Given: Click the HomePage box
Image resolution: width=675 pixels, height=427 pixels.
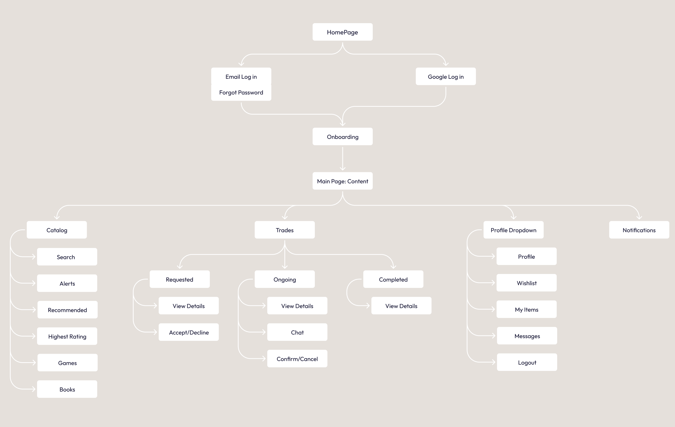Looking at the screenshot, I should (342, 32).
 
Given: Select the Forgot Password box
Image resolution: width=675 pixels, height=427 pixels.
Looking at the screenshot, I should (241, 93).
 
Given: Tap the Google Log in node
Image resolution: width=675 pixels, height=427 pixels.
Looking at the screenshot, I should (446, 77).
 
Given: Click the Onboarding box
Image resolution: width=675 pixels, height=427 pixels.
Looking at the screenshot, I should (342, 137).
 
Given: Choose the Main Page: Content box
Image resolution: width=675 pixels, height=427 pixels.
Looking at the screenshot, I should (342, 181).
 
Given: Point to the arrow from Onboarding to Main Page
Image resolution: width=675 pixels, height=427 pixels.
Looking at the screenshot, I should (342, 158).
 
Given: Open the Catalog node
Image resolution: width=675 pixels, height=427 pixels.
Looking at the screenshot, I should (57, 230).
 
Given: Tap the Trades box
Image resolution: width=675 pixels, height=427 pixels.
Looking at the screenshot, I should (285, 230).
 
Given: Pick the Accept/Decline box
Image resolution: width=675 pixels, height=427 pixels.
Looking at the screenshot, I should (189, 332).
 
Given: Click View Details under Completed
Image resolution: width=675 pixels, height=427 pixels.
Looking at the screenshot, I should (401, 306).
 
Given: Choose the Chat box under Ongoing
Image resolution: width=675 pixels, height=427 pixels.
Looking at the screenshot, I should (297, 332).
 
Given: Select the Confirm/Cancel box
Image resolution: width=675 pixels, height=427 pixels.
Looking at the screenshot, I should (297, 359).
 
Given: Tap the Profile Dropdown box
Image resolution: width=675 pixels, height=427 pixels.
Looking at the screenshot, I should (513, 230).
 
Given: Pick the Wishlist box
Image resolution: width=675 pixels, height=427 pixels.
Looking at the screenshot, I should (526, 283).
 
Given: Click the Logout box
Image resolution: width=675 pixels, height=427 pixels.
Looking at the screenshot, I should (527, 362).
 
